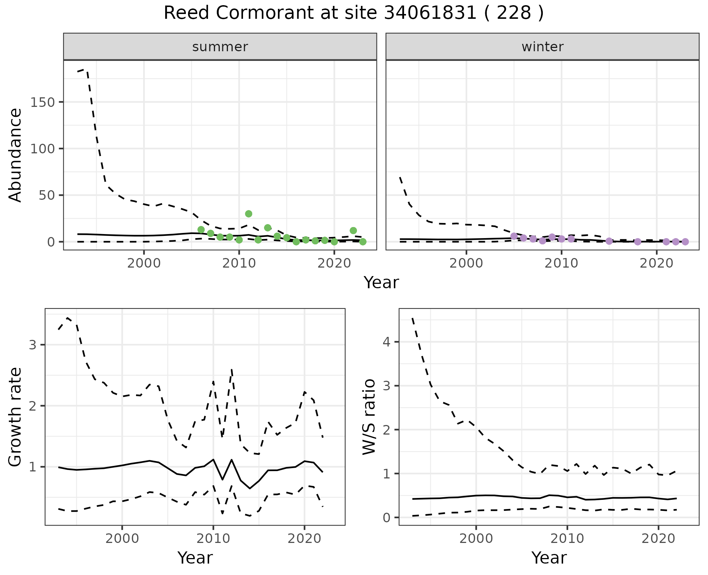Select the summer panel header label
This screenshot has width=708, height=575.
point(220,47)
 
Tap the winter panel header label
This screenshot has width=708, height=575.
point(542,47)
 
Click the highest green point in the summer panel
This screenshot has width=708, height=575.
point(249,214)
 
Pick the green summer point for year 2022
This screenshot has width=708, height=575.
point(353,231)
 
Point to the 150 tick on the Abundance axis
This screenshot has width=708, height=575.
point(42,102)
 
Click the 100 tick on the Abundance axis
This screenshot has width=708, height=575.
point(42,149)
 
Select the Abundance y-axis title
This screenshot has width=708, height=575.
point(15,155)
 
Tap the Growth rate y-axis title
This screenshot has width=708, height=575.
point(15,417)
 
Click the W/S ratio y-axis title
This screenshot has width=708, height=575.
point(369,417)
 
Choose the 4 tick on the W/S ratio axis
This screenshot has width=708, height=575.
point(386,342)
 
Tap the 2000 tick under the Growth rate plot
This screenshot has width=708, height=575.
point(122,539)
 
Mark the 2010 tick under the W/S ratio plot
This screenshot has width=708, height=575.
point(568,539)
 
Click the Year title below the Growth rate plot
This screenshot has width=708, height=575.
point(195,558)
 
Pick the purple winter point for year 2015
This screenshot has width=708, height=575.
point(609,241)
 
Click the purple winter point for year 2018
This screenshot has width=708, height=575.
point(638,242)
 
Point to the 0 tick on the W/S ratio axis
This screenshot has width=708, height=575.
point(386,518)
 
